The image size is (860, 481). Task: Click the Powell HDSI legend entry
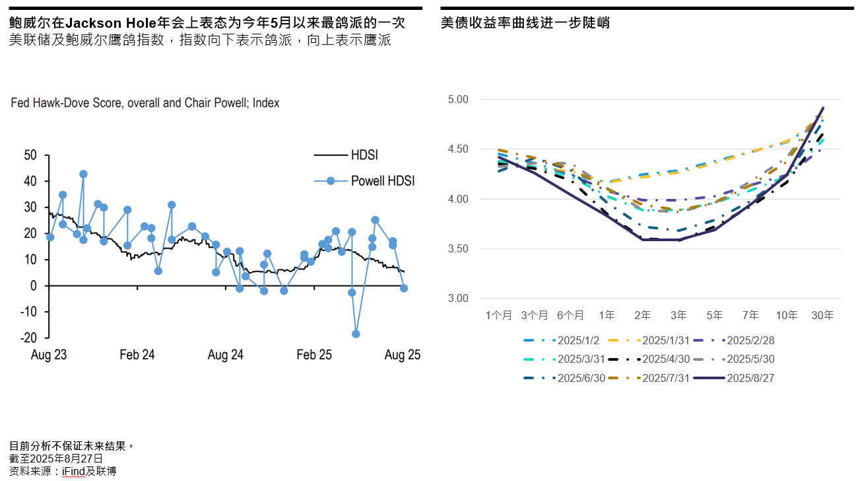[382, 180]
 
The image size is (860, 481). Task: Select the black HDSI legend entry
[364, 155]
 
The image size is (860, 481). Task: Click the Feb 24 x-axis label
[137, 355]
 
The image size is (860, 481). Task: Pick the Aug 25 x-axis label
[402, 355]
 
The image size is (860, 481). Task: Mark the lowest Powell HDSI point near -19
[356, 334]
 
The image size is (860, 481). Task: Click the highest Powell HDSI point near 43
[83, 174]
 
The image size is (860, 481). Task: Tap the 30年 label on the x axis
[822, 316]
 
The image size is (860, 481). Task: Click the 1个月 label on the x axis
[498, 316]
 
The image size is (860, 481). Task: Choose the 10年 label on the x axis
[786, 316]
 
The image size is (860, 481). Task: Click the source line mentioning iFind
[63, 472]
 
